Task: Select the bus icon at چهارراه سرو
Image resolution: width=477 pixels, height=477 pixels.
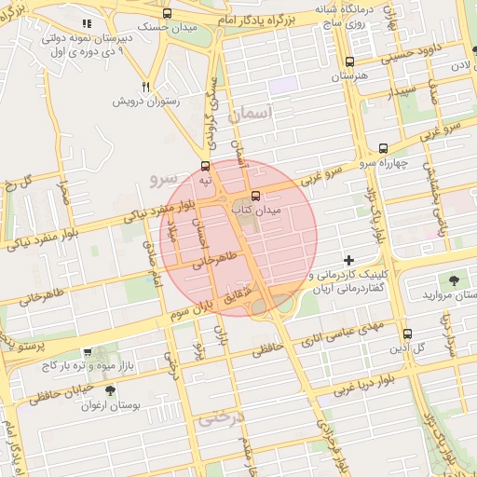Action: pos(383,149)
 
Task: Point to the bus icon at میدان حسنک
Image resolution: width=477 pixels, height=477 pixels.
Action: pos(167,13)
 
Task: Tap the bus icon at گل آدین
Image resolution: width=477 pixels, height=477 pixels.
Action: pos(407,334)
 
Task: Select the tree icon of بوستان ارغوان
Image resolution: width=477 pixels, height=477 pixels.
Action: pos(111,391)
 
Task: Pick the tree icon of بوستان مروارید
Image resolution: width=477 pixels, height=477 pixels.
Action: pos(454,279)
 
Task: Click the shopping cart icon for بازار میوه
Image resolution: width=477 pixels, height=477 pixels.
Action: pos(88,352)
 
